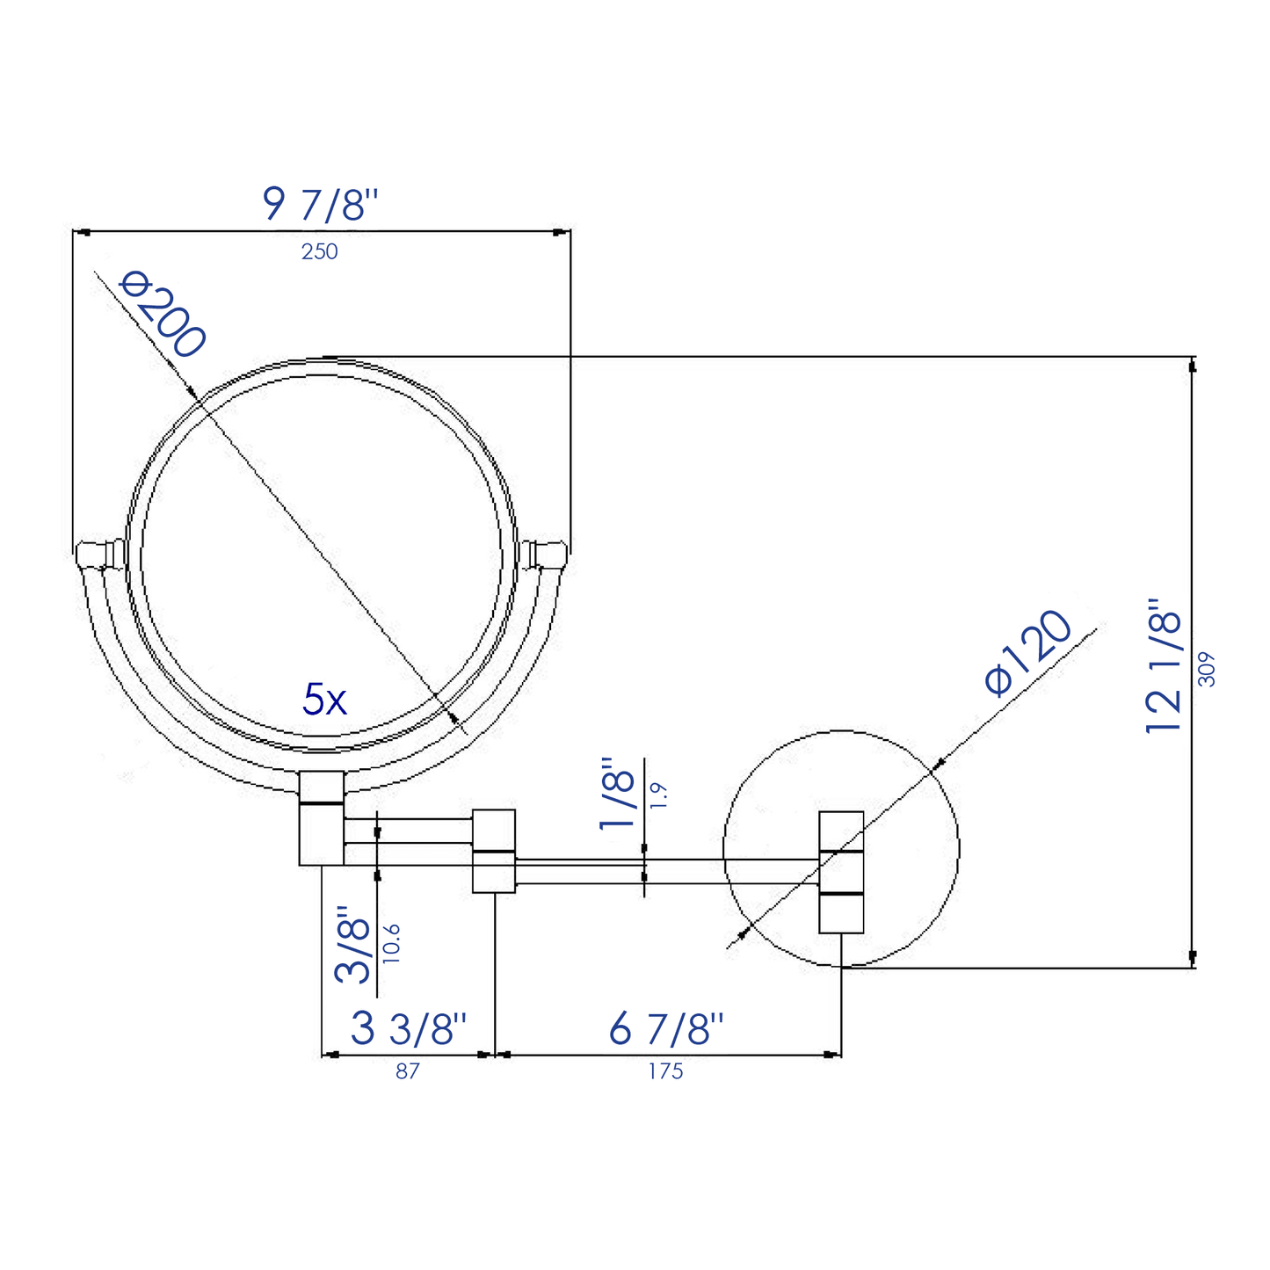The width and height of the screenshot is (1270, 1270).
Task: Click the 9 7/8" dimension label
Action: click(x=319, y=205)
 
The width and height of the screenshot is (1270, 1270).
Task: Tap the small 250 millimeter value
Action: click(x=319, y=252)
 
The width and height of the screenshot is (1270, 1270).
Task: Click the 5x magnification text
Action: click(x=324, y=700)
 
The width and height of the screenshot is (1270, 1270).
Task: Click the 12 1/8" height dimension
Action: click(x=1165, y=665)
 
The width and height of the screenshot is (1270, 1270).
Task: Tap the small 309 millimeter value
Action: click(x=1207, y=668)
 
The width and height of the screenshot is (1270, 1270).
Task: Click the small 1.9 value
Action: click(x=660, y=795)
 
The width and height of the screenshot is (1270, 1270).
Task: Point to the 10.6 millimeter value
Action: click(x=392, y=943)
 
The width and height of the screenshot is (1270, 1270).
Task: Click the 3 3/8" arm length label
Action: click(x=408, y=1028)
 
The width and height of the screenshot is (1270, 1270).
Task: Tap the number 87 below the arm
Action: click(x=407, y=1072)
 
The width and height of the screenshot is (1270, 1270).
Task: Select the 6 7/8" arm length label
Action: click(x=666, y=1028)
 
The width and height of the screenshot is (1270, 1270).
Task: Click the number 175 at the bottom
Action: click(x=665, y=1072)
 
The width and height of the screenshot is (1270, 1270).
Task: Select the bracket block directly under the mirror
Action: click(x=322, y=818)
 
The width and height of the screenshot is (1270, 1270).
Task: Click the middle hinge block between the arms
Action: click(x=494, y=850)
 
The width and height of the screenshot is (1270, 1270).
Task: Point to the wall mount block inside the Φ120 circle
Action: click(x=841, y=871)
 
